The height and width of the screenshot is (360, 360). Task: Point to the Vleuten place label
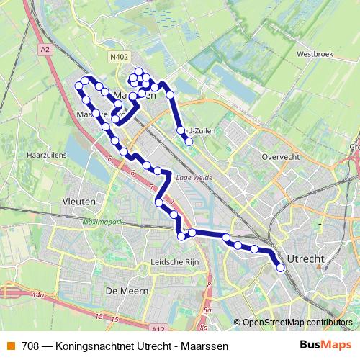(80, 202)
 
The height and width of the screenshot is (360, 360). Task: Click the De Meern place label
(126, 290)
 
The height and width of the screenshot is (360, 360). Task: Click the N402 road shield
(119, 56)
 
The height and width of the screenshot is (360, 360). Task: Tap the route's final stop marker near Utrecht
(281, 268)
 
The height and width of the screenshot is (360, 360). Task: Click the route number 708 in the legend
(30, 346)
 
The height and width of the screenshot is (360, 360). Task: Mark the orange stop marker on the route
(192, 232)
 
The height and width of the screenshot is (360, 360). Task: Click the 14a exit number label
(37, 296)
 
